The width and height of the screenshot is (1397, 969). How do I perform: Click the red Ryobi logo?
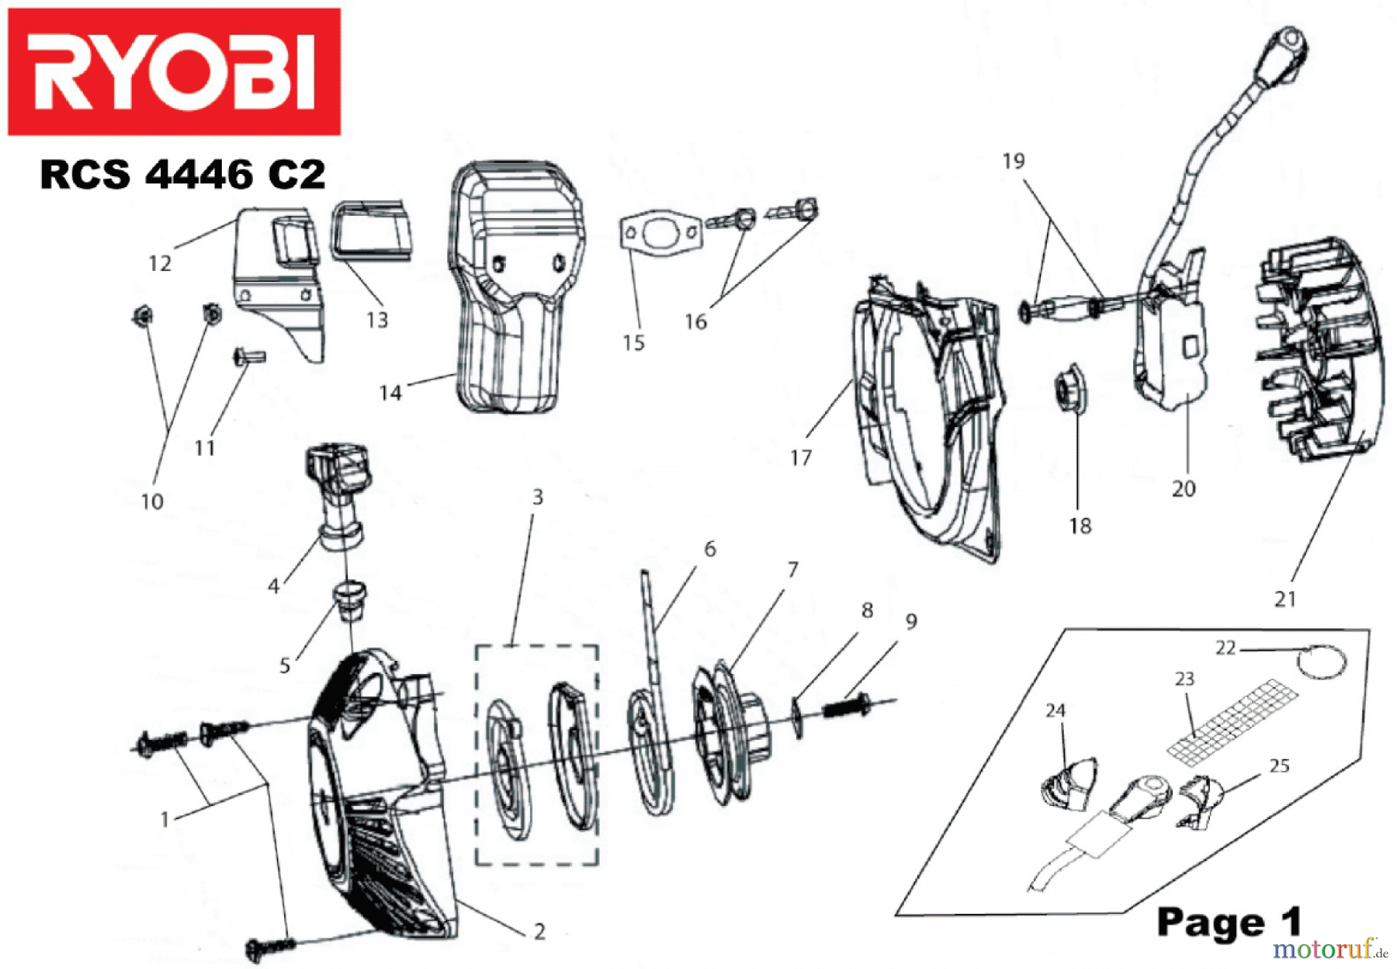pyautogui.click(x=174, y=71)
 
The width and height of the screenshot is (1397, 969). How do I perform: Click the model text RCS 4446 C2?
pyautogui.click(x=182, y=174)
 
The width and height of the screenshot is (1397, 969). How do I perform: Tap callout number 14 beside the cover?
pyautogui.click(x=390, y=393)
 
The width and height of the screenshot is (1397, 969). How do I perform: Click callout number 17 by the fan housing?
pyautogui.click(x=800, y=458)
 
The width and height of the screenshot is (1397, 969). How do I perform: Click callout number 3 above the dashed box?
pyautogui.click(x=537, y=497)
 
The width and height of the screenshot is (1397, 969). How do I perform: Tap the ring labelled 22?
pyautogui.click(x=1322, y=662)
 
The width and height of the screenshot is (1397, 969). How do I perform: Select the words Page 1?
pyautogui.click(x=1228, y=922)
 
